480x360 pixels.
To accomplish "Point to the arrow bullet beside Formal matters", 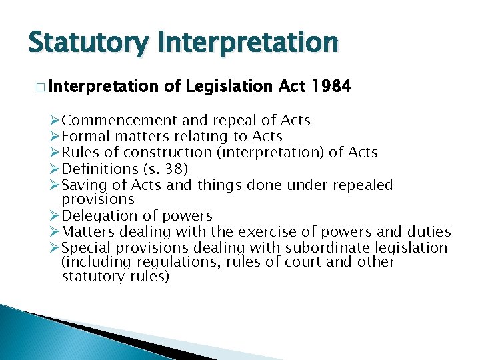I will [x=55, y=137].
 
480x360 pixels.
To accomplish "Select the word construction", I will [x=172, y=153].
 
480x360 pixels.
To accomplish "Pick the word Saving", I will [x=82, y=185].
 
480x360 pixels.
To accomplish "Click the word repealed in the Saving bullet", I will [x=361, y=185].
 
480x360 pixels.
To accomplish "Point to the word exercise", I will [x=273, y=232].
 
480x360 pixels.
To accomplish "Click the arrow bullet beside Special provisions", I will [x=55, y=248].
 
